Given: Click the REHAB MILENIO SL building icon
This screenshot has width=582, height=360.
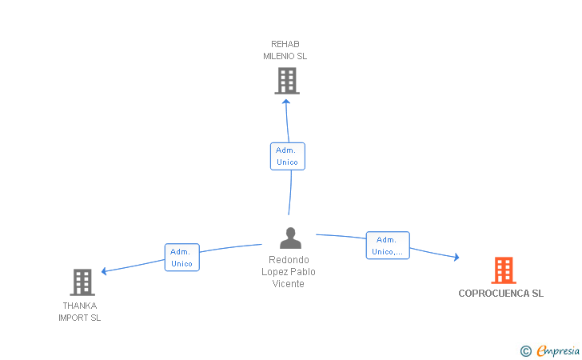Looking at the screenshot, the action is tap(287, 81).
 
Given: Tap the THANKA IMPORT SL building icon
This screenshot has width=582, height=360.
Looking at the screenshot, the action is tap(82, 282).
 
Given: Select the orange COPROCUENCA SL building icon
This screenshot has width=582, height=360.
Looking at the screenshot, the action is tap(504, 270).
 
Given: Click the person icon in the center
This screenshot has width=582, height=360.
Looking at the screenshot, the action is tap(291, 238).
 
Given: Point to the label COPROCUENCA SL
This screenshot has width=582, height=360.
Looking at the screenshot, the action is tap(500, 294).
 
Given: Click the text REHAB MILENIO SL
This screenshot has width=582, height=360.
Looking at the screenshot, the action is tap(285, 50).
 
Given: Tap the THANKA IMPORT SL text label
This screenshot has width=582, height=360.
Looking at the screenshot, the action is tap(79, 312).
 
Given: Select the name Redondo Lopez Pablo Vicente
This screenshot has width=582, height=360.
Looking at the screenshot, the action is tap(289, 271).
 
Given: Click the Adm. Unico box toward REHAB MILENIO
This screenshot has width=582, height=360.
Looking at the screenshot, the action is tap(288, 157).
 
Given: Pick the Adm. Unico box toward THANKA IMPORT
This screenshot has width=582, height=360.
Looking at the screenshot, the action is tap(182, 258).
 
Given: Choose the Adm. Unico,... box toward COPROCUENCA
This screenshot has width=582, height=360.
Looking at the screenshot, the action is tap(388, 246).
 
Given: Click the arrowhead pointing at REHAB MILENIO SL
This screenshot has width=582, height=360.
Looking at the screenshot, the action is tap(286, 102).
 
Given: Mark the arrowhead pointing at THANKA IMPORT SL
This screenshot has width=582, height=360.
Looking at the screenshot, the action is tap(104, 271).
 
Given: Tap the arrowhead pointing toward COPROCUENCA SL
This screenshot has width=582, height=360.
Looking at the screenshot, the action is tap(457, 257).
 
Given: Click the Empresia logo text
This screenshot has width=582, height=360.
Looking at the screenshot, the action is tap(558, 350).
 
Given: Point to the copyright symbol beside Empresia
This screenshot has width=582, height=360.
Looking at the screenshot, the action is tap(525, 351).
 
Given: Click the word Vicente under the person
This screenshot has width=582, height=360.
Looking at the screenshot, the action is tap(288, 284).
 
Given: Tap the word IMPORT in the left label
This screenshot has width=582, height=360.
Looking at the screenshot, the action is tap(74, 318).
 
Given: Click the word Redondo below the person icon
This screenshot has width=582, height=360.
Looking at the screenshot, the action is tap(289, 260).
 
